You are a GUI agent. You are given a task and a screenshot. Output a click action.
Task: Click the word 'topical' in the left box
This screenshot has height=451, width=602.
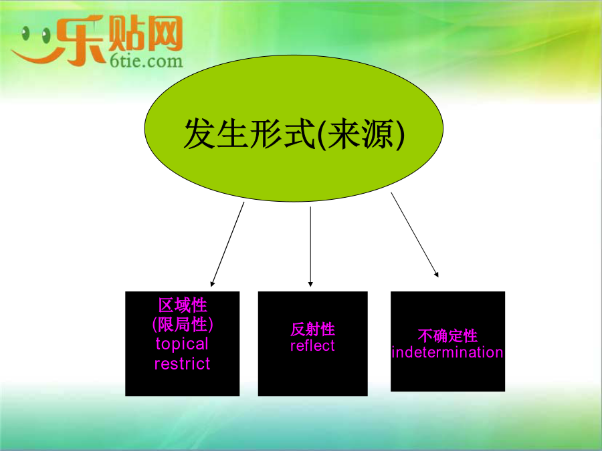182,345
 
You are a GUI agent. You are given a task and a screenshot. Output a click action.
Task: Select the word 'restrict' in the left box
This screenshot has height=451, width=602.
182,363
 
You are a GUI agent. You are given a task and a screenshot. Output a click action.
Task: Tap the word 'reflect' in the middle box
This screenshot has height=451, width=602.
312,345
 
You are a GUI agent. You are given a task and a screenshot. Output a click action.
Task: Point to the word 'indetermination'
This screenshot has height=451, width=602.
447,352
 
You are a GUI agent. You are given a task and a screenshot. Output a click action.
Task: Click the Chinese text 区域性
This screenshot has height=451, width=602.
183,305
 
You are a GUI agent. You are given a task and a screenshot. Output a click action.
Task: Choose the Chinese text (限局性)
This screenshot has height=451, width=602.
183,325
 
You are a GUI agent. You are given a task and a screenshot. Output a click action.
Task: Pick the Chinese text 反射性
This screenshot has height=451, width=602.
312,329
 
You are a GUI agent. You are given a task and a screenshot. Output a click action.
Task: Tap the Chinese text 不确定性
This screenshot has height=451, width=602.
447,335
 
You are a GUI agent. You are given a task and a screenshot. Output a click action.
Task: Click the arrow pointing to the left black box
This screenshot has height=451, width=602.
227,245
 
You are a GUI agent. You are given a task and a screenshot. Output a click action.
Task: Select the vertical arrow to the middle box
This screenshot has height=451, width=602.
310,247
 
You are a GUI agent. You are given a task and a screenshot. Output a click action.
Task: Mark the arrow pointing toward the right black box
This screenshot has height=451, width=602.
415,235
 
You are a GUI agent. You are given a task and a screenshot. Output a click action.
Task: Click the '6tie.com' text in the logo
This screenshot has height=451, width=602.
146,61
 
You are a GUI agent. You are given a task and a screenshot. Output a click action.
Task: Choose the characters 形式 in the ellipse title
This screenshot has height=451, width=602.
282,134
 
